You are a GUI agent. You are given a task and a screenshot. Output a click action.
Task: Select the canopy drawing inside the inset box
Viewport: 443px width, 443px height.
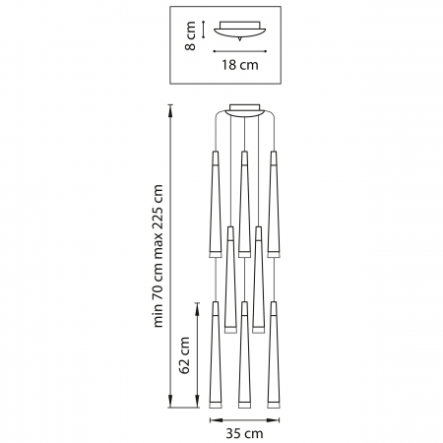[x=240, y=32]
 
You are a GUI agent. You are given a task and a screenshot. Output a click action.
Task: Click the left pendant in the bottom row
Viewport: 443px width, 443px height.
[x=213, y=354]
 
